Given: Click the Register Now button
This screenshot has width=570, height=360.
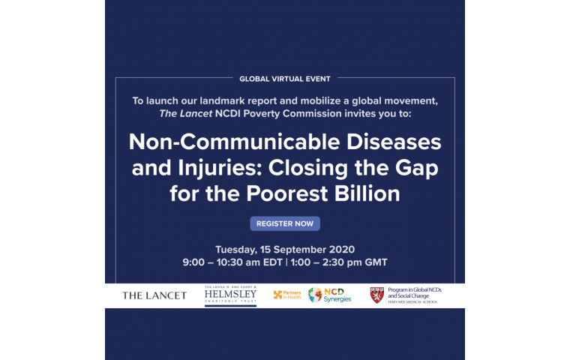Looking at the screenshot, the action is click(x=285, y=223).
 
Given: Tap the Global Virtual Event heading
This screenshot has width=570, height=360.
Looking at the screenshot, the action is click(x=285, y=79).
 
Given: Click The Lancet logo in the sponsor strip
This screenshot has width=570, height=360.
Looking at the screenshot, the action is click(x=154, y=295).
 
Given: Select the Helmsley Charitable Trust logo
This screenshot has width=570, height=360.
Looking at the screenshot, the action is click(x=230, y=296).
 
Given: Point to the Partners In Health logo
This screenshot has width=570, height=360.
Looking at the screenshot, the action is click(x=287, y=295).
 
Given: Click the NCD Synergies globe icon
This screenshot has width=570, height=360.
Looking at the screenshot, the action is click(x=315, y=295).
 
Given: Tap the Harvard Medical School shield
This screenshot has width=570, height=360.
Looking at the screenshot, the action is click(x=377, y=295).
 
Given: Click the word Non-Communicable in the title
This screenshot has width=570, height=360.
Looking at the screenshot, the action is click(x=235, y=142).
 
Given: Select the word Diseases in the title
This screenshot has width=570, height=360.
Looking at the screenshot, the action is click(x=394, y=142).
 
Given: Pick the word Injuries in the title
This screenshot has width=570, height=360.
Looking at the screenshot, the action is click(x=220, y=168).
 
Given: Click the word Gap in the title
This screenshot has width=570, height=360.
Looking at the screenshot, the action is click(x=416, y=169).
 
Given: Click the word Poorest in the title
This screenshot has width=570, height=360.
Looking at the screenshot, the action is click(x=287, y=193).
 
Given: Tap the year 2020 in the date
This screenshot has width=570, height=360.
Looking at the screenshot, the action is click(x=342, y=250).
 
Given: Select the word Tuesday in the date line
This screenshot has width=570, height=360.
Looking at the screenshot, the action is click(x=236, y=250).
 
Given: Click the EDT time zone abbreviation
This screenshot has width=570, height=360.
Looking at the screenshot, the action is click(x=273, y=262).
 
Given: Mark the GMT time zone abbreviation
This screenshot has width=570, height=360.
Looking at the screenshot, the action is click(x=376, y=262).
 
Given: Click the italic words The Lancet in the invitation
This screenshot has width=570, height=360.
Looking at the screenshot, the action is click(x=186, y=113).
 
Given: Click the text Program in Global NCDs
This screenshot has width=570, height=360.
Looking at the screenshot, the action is click(x=415, y=289).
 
